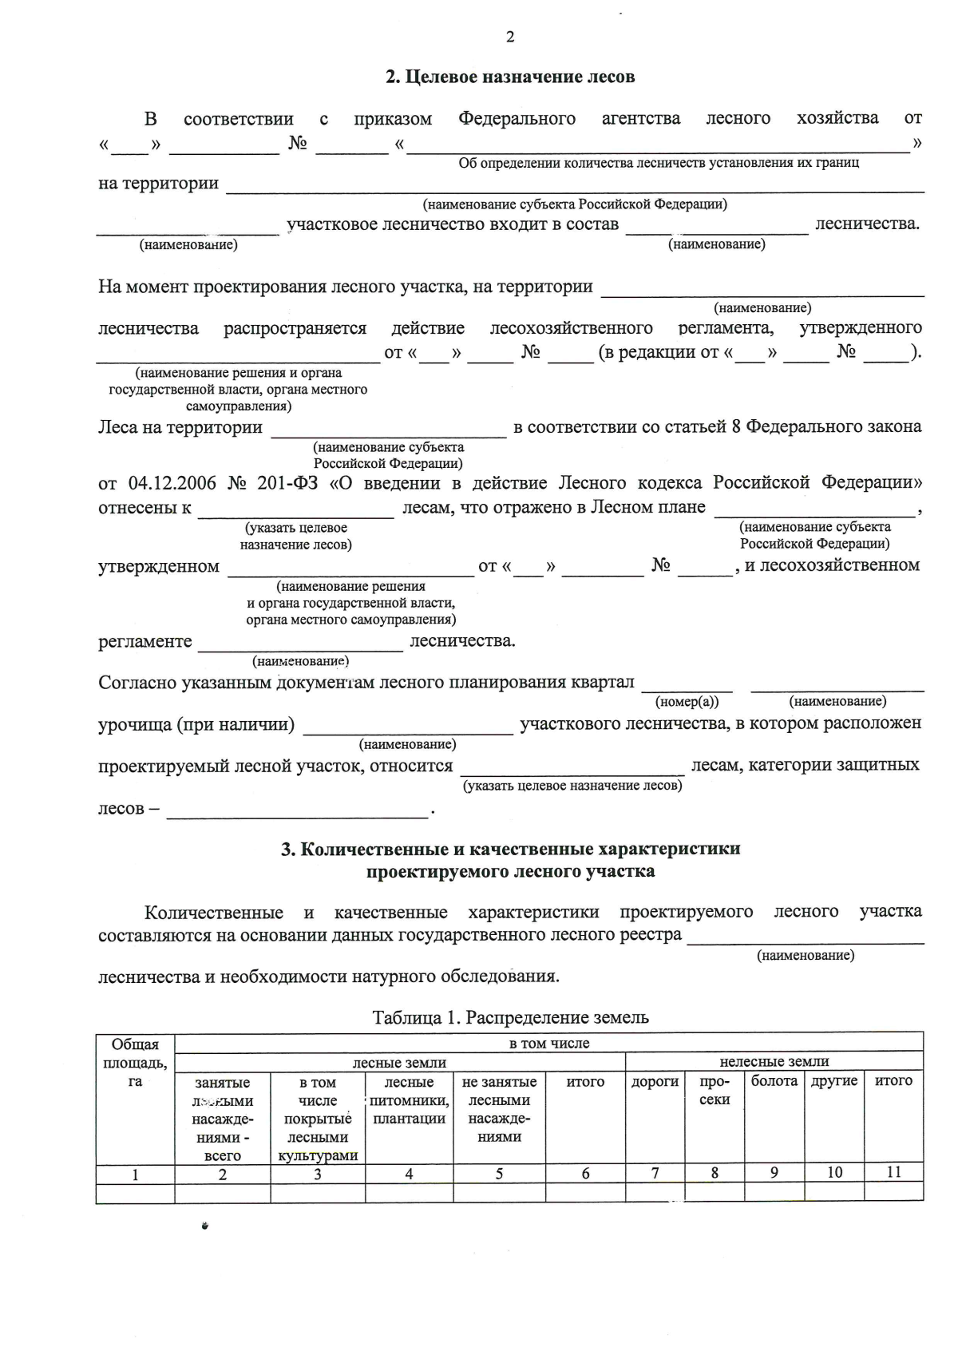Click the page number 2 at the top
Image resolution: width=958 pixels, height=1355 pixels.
pos(510,37)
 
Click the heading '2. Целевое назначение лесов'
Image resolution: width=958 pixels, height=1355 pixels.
pos(510,77)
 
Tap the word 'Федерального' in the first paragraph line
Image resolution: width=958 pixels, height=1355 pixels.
pos(517,119)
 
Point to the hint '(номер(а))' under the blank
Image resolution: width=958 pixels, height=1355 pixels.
pos(687,702)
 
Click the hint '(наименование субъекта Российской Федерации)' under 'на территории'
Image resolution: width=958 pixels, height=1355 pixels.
pos(575,204)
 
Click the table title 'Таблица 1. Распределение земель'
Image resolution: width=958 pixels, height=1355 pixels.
pos(510,1017)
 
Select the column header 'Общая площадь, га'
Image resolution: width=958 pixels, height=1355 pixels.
pos(135,1062)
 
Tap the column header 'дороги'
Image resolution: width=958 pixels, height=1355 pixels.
pos(655,1081)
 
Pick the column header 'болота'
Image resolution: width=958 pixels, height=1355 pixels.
pos(774,1081)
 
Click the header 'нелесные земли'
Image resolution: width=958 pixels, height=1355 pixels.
pos(774,1061)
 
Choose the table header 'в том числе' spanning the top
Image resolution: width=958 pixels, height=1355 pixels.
pos(548,1043)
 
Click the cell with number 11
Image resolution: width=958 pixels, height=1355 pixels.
pos(893,1172)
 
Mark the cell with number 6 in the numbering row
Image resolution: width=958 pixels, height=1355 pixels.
pos(585,1173)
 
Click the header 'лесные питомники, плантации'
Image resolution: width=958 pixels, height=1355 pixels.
pos(409,1100)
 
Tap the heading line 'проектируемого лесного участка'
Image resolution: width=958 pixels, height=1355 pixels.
pos(510,871)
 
